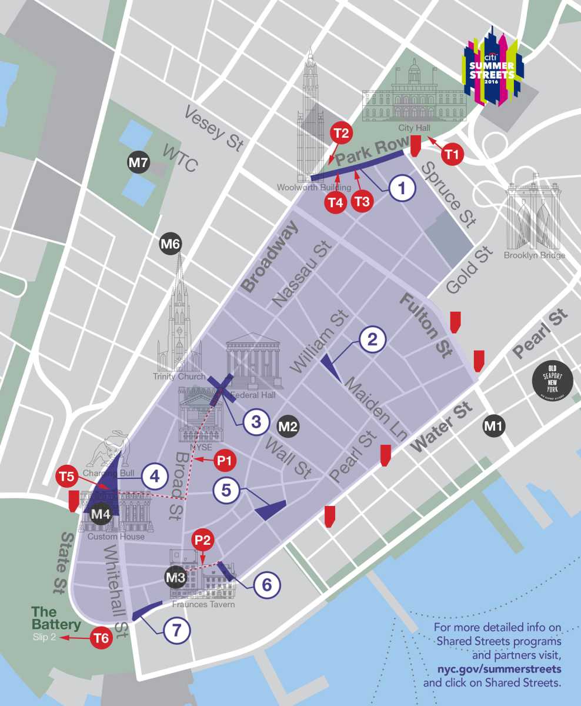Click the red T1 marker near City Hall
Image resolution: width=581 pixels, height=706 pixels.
click(x=452, y=155)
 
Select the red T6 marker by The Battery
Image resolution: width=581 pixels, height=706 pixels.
click(x=102, y=638)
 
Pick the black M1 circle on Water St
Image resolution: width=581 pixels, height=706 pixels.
click(x=493, y=425)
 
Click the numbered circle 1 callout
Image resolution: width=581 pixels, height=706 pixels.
click(x=402, y=188)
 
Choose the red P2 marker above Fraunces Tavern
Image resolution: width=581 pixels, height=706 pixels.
click(x=202, y=539)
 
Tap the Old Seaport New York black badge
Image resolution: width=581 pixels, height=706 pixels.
click(x=550, y=383)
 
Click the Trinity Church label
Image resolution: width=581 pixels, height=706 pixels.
click(x=179, y=377)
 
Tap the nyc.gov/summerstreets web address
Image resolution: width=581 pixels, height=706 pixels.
click(x=499, y=669)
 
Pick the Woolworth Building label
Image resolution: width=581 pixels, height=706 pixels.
click(x=313, y=188)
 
